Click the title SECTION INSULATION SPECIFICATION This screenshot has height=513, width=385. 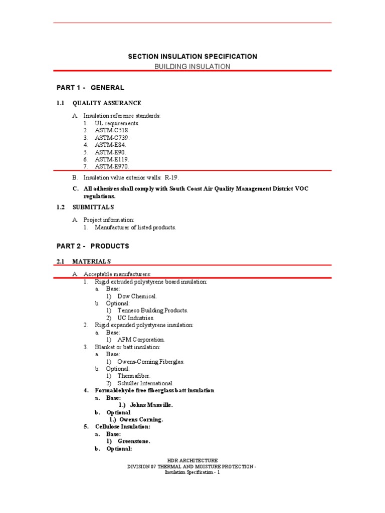pos(192,57)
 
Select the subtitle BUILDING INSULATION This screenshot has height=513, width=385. pos(192,67)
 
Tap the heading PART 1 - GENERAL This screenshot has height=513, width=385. pos(90,88)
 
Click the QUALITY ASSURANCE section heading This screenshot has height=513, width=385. pos(107,103)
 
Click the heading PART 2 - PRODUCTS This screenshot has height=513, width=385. pos(93,246)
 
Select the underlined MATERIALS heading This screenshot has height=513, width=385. pos(92,262)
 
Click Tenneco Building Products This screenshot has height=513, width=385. pos(149,311)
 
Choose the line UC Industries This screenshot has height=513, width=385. pos(136,318)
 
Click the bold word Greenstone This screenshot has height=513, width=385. pos(134,441)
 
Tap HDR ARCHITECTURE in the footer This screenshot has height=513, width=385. pos(192,460)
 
